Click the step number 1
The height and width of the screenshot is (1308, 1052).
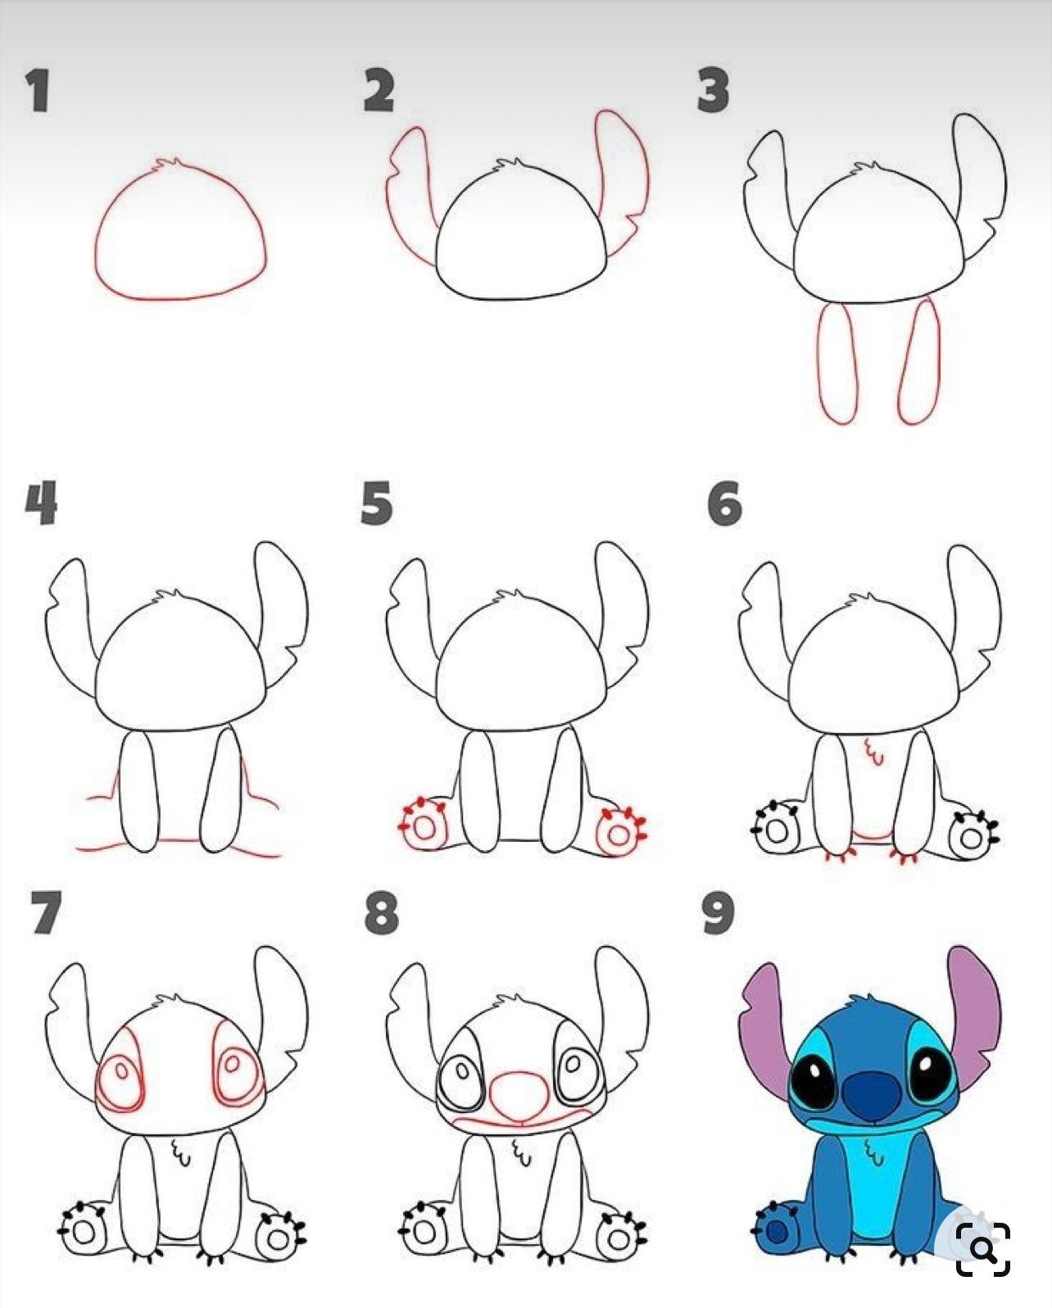click(x=37, y=91)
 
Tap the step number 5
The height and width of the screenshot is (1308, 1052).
click(x=376, y=503)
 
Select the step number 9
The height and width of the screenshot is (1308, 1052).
click(x=718, y=913)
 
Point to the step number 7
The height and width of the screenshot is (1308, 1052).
click(x=45, y=913)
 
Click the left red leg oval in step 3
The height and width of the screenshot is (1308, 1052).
click(x=837, y=363)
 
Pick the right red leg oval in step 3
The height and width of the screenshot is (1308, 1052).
click(x=921, y=363)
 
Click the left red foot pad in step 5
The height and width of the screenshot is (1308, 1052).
click(x=424, y=826)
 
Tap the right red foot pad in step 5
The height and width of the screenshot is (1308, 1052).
click(x=620, y=832)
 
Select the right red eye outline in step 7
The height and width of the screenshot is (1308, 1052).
click(x=235, y=1065)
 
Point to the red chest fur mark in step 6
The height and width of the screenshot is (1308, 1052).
click(x=874, y=752)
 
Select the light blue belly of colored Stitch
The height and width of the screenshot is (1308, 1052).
click(x=873, y=1188)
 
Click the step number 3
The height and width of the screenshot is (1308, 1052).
click(x=713, y=91)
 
